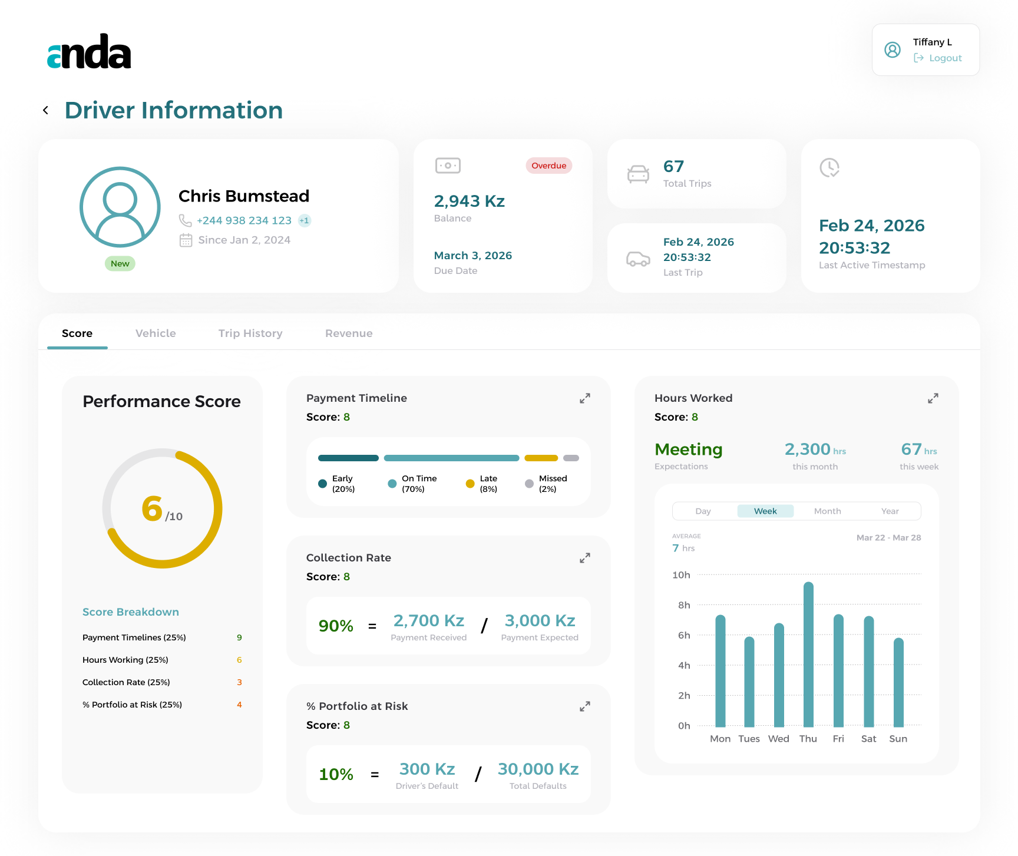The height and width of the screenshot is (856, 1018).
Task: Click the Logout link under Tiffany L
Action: tap(938, 58)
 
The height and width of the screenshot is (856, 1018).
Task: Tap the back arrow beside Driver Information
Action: tap(45, 110)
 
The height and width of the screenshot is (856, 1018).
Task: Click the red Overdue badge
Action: tap(548, 166)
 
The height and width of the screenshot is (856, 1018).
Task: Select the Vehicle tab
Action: tap(156, 333)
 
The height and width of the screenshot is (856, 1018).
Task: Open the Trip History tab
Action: tap(250, 333)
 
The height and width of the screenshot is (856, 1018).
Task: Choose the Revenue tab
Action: tap(349, 333)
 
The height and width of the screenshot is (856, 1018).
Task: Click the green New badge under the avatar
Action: tap(120, 263)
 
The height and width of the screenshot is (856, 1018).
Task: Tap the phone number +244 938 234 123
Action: tap(244, 220)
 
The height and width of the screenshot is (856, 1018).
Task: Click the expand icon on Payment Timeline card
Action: tap(584, 398)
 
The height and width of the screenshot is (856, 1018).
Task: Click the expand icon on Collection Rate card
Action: tap(584, 558)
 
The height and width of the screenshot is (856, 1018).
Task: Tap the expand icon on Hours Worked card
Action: tap(933, 398)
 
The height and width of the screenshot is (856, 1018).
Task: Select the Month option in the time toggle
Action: tap(827, 511)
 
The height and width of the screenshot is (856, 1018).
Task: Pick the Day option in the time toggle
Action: tap(703, 511)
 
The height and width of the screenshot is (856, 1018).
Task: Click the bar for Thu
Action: tap(808, 655)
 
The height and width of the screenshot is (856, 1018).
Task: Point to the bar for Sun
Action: tap(898, 682)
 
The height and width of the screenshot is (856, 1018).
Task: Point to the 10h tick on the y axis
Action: tap(681, 575)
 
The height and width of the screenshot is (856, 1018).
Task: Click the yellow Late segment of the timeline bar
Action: tap(541, 458)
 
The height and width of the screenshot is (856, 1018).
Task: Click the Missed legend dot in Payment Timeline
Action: tap(529, 484)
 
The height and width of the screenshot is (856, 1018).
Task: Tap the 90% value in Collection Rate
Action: tap(336, 626)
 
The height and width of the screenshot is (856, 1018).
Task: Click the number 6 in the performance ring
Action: tap(152, 508)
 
